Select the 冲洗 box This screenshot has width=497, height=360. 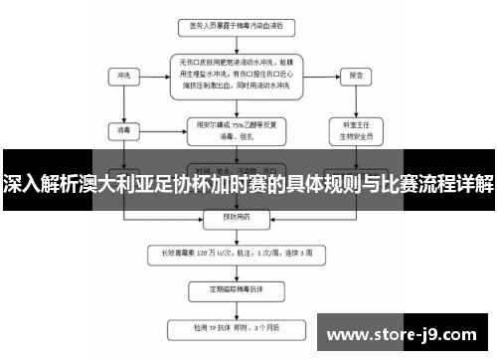coord(123,75)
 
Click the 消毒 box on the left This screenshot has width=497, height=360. coord(123,128)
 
